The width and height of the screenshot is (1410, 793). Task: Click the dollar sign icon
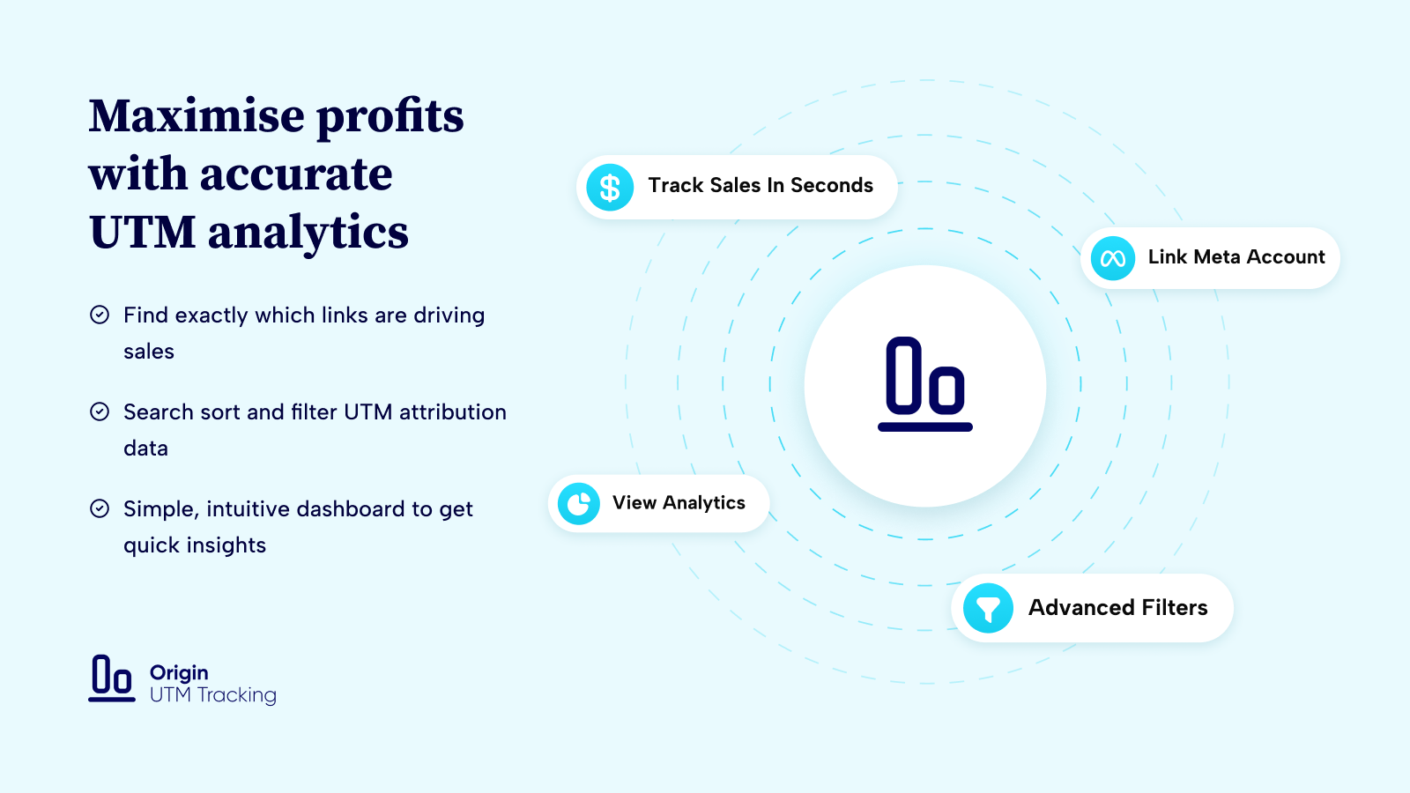point(609,188)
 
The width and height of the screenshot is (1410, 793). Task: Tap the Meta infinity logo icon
point(1112,258)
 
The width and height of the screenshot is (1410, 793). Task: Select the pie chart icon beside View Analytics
point(578,503)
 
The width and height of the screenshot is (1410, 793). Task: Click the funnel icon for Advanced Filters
point(988,608)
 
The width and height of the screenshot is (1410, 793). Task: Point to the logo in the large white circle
point(924,384)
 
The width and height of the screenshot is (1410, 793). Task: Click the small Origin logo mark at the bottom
point(111,678)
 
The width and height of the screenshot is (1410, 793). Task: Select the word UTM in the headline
point(142,233)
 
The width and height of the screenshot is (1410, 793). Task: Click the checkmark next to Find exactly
point(100,315)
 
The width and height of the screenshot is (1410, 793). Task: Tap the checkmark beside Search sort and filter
point(100,411)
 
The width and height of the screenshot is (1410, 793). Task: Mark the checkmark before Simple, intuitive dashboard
point(100,508)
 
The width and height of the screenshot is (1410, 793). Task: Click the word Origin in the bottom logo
point(179,673)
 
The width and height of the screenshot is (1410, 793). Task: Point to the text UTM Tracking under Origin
point(212,695)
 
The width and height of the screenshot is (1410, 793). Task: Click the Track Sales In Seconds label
point(761,185)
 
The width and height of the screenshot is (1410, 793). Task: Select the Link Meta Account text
point(1236,256)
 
